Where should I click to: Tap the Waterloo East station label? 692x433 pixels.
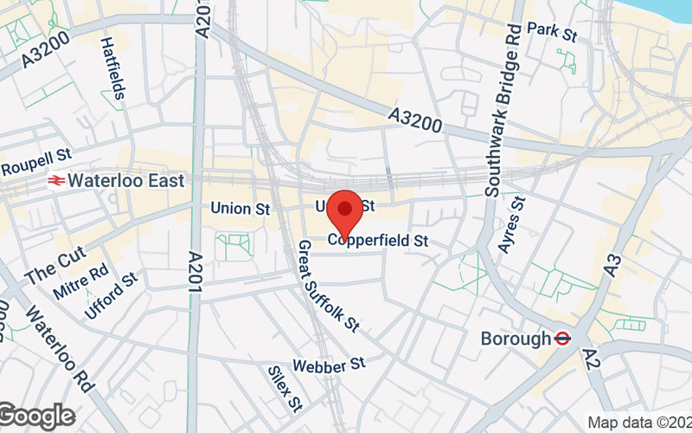pyautogui.click(x=126, y=181)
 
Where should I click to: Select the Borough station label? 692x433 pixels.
pyautogui.click(x=516, y=339)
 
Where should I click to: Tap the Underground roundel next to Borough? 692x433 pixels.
pyautogui.click(x=562, y=339)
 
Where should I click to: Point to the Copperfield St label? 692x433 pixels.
pyautogui.click(x=378, y=241)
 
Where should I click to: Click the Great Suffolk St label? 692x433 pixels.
pyautogui.click(x=328, y=287)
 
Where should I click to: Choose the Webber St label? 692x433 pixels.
pyautogui.click(x=330, y=366)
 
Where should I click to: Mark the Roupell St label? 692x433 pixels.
pyautogui.click(x=35, y=160)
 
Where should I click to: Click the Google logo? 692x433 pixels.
pyautogui.click(x=36, y=417)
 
